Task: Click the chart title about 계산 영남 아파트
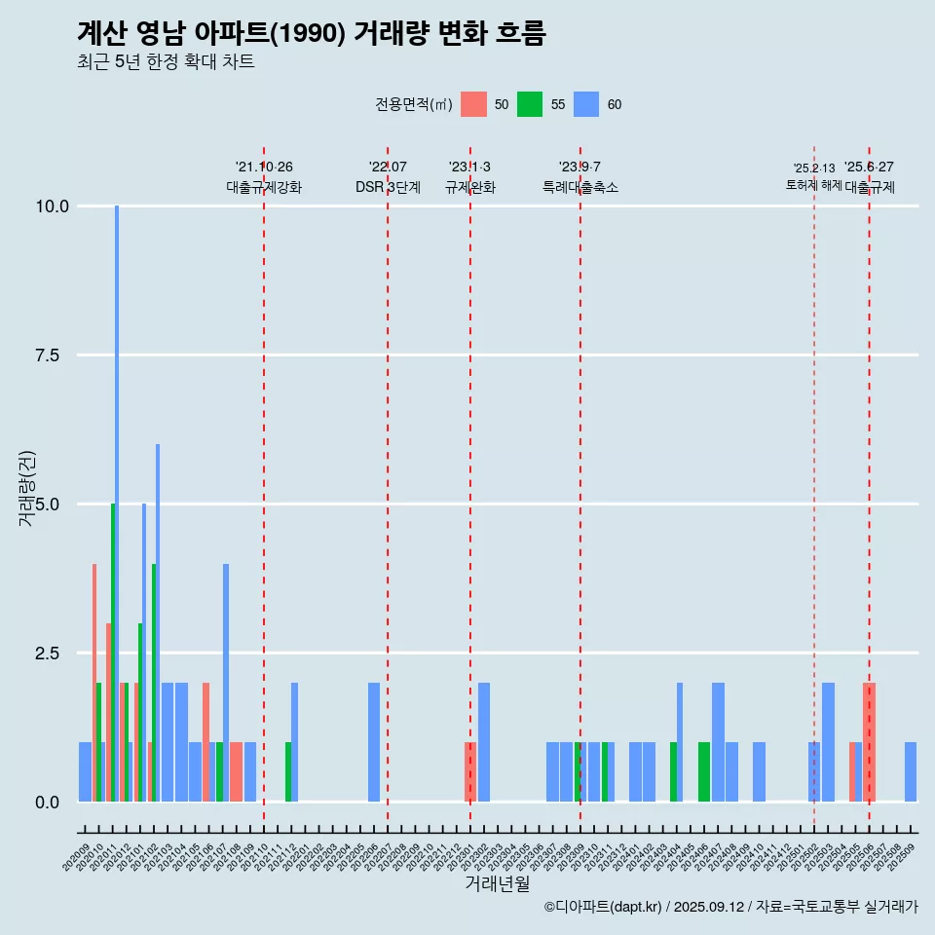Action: point(311,33)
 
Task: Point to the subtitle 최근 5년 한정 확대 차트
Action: point(166,62)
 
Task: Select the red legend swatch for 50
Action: point(473,104)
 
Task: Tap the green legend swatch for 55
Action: point(530,104)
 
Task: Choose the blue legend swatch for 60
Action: point(586,104)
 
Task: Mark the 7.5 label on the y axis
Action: point(55,355)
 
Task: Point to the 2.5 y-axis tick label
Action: point(55,654)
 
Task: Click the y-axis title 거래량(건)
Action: point(26,488)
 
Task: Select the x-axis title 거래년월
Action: point(497,883)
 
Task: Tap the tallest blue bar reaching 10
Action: point(117,487)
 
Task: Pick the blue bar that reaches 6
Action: point(158,623)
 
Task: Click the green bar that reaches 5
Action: point(113,653)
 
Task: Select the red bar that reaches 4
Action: point(94,682)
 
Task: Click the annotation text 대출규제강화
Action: point(264,187)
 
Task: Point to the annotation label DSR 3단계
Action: point(388,187)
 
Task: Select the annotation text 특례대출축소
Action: point(580,187)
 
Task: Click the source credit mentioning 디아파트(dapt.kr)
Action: point(730,907)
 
